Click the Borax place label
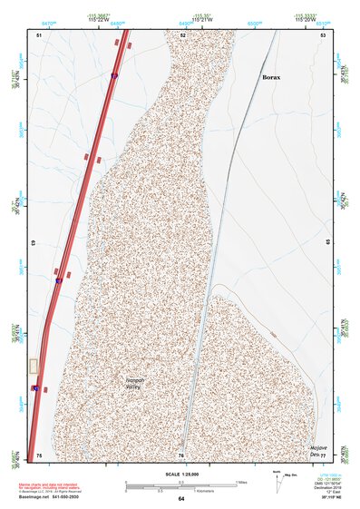(271, 78)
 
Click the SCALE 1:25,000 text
(180, 475)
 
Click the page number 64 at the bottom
(180, 499)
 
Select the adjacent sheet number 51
(40, 34)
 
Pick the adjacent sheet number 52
(182, 34)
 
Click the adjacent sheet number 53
(322, 34)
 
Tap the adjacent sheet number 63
(36, 243)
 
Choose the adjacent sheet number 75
(39, 454)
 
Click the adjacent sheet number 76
(181, 454)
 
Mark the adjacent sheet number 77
(322, 454)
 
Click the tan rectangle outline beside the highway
(34, 366)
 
